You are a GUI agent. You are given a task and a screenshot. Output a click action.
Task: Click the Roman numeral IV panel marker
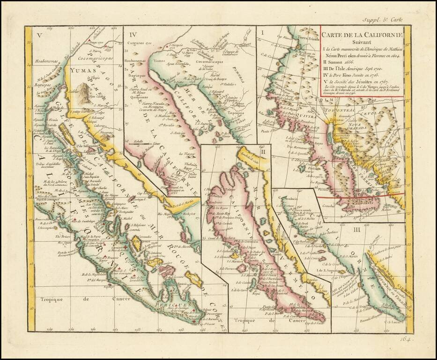(133, 34)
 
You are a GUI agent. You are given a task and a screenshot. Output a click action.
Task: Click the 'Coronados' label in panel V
(133, 239)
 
